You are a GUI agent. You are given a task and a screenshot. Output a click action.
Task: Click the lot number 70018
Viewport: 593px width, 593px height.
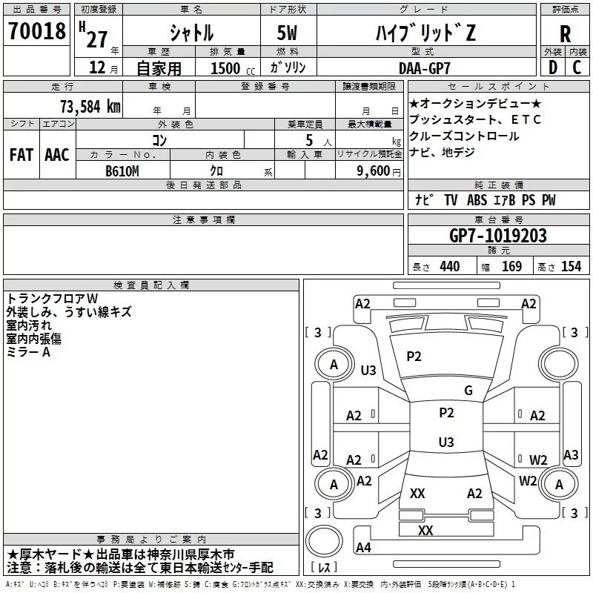(37, 33)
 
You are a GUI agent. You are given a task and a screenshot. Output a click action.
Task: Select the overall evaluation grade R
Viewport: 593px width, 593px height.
(565, 34)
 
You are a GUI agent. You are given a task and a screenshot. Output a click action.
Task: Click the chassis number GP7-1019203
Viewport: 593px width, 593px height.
(498, 236)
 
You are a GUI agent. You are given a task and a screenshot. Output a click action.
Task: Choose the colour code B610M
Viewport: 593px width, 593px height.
(123, 170)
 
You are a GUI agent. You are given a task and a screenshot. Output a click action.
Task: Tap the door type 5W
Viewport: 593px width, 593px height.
(288, 33)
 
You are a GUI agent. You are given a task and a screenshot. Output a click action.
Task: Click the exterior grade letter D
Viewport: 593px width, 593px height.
(552, 67)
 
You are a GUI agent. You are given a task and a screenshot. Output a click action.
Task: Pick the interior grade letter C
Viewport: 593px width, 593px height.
(577, 67)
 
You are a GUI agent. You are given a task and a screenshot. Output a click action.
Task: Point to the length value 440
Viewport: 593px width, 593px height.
(449, 266)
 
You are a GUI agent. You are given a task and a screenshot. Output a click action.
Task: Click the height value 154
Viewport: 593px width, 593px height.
(571, 266)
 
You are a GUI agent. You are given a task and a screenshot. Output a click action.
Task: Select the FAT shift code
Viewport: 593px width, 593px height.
(21, 155)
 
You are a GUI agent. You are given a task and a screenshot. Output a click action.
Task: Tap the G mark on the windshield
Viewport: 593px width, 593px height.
(468, 391)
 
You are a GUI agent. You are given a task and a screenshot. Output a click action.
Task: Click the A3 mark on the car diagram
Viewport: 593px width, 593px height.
(571, 455)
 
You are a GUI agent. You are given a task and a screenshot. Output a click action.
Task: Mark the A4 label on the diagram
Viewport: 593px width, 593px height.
(363, 548)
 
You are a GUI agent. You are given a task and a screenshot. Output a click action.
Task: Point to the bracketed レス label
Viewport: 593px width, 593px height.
(324, 569)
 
